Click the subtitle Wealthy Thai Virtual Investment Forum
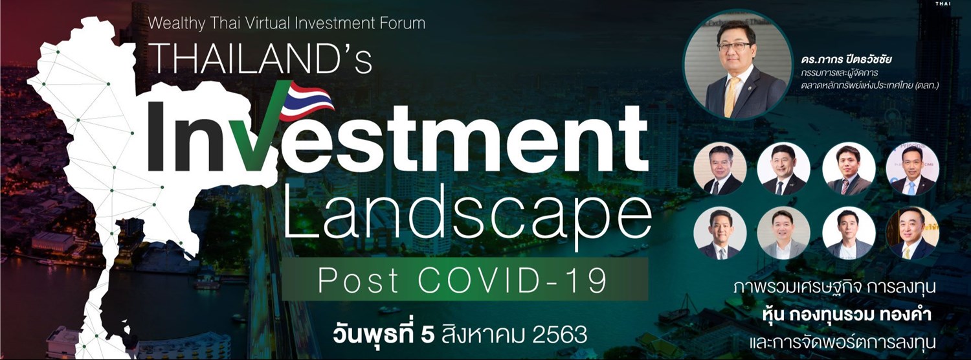coord(287,23)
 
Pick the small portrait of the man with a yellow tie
coord(912,233)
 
